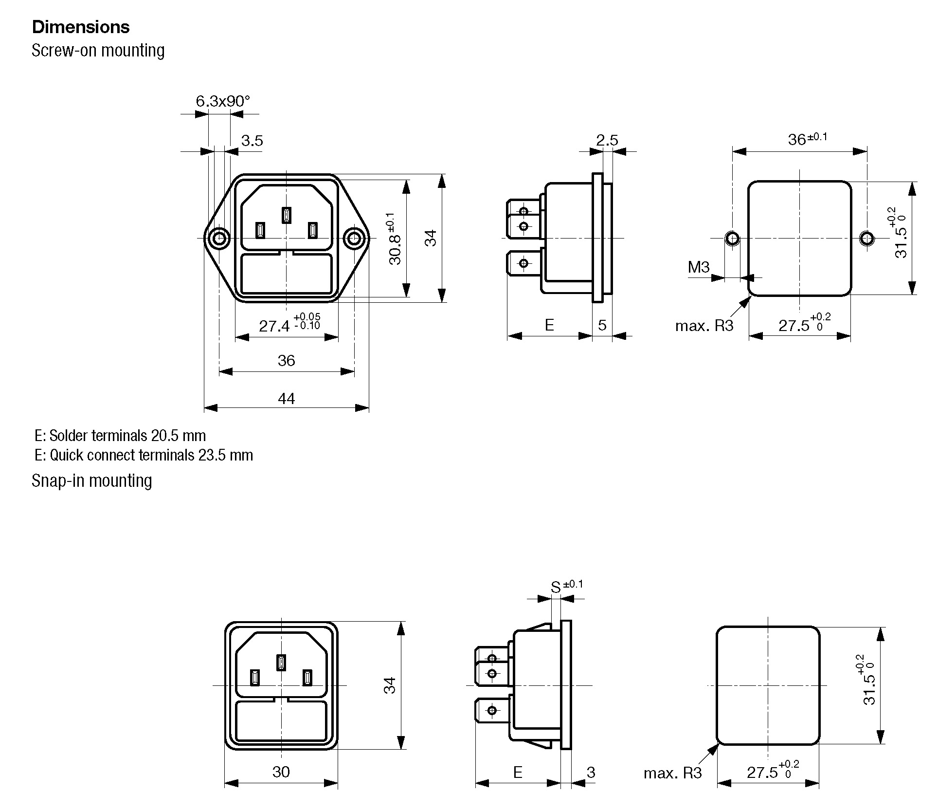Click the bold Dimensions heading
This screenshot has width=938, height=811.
click(81, 27)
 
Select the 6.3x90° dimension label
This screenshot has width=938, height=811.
click(223, 101)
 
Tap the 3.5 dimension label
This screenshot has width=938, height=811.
click(252, 141)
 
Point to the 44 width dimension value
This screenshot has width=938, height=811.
click(286, 399)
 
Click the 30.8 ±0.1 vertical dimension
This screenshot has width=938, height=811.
click(395, 239)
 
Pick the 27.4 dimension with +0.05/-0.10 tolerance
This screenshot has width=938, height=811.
click(289, 325)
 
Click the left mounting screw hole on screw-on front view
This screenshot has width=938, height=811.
click(219, 239)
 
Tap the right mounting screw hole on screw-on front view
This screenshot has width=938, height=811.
click(354, 239)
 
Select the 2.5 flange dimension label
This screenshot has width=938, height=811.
click(607, 140)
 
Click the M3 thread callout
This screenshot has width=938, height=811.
click(698, 267)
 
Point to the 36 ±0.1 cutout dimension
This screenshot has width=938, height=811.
click(807, 139)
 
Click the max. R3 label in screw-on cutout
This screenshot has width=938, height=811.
click(703, 326)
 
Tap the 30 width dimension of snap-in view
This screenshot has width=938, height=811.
click(281, 772)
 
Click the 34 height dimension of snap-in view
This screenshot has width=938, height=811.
click(390, 685)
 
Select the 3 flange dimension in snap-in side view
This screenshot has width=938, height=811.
click(591, 773)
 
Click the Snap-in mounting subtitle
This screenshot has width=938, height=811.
click(92, 481)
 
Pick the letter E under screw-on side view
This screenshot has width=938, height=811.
click(549, 325)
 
